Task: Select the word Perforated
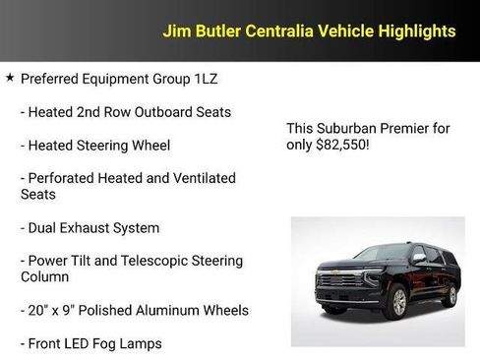point(65,178)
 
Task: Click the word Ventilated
point(202,178)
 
